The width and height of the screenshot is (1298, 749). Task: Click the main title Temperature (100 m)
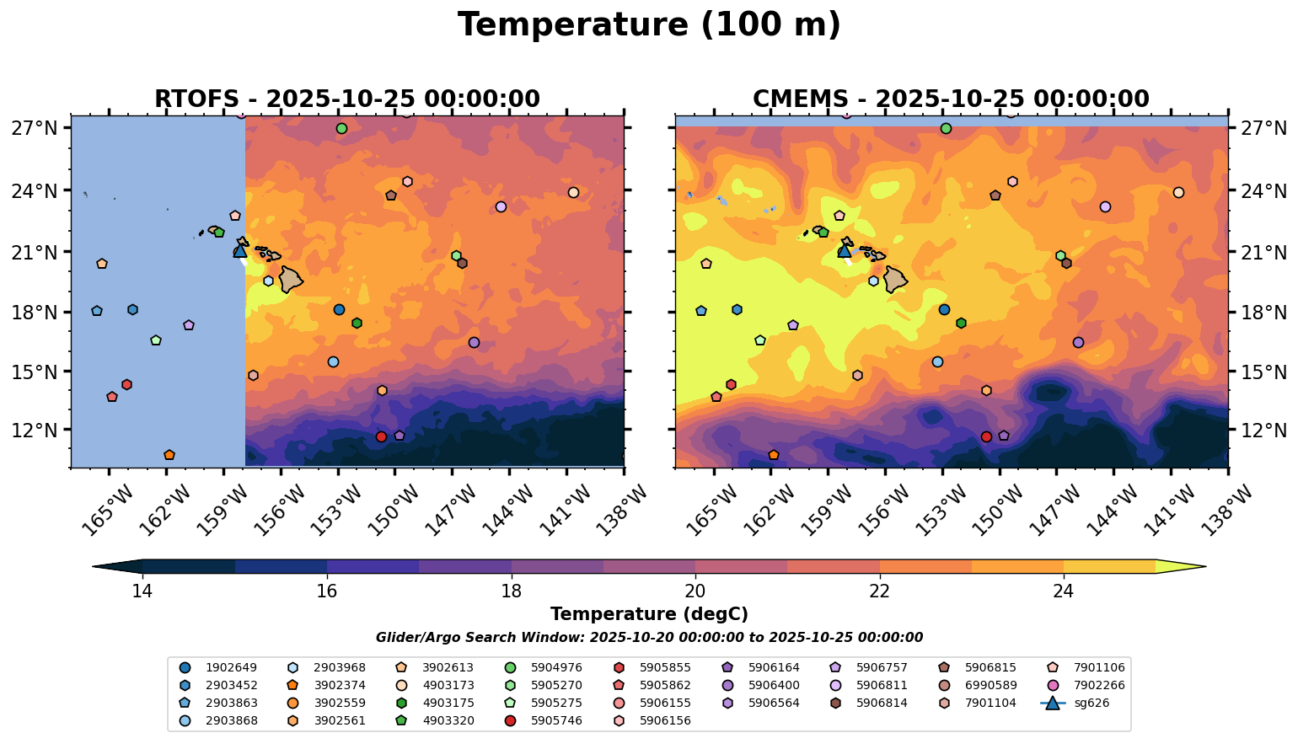pyautogui.click(x=649, y=25)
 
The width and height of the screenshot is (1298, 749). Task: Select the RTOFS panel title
pyautogui.click(x=346, y=99)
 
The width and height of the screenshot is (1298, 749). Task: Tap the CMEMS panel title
pyautogui.click(x=951, y=99)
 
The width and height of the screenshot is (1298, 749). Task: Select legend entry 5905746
pyautogui.click(x=556, y=721)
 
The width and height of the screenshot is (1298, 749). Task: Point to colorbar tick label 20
pyautogui.click(x=695, y=591)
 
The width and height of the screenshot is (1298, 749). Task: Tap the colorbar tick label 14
pyautogui.click(x=142, y=591)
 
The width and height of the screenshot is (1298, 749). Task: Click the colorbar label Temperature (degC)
pyautogui.click(x=649, y=615)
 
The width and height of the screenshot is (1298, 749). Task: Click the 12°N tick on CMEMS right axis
pyautogui.click(x=1261, y=430)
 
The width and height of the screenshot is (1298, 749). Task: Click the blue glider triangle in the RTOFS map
pyautogui.click(x=240, y=250)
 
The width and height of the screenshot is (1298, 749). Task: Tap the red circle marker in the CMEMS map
pyautogui.click(x=986, y=436)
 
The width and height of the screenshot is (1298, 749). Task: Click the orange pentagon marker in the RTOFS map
pyautogui.click(x=169, y=455)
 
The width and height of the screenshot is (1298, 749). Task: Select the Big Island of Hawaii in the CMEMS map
pyautogui.click(x=894, y=279)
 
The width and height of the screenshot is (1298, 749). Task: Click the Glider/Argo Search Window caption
pyautogui.click(x=649, y=638)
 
